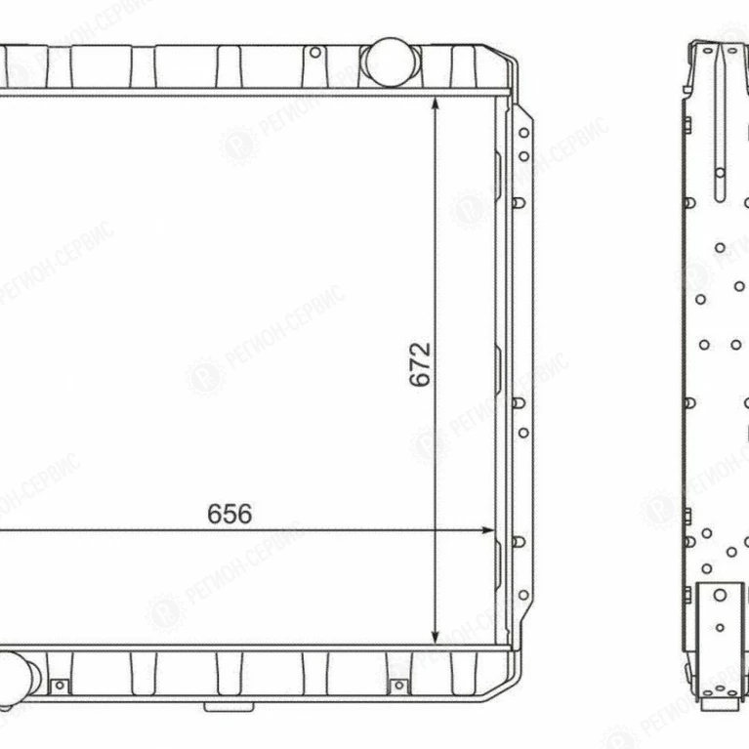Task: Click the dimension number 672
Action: [420, 364]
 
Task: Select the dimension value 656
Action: [229, 514]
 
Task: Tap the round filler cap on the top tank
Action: [391, 62]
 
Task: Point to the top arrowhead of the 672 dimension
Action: [436, 104]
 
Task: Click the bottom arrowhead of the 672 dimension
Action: [436, 637]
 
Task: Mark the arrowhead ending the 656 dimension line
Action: [487, 530]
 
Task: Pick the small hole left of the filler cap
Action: [315, 53]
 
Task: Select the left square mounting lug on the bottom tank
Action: [60, 686]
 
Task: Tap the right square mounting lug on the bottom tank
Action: [398, 687]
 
